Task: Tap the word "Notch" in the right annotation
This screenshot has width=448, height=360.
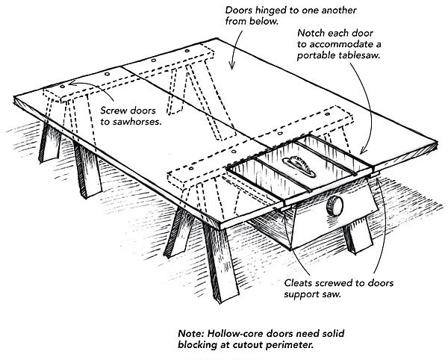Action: [312, 34]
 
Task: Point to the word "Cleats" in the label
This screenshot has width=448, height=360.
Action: [299, 284]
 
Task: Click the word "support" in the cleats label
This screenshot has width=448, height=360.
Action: [299, 296]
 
